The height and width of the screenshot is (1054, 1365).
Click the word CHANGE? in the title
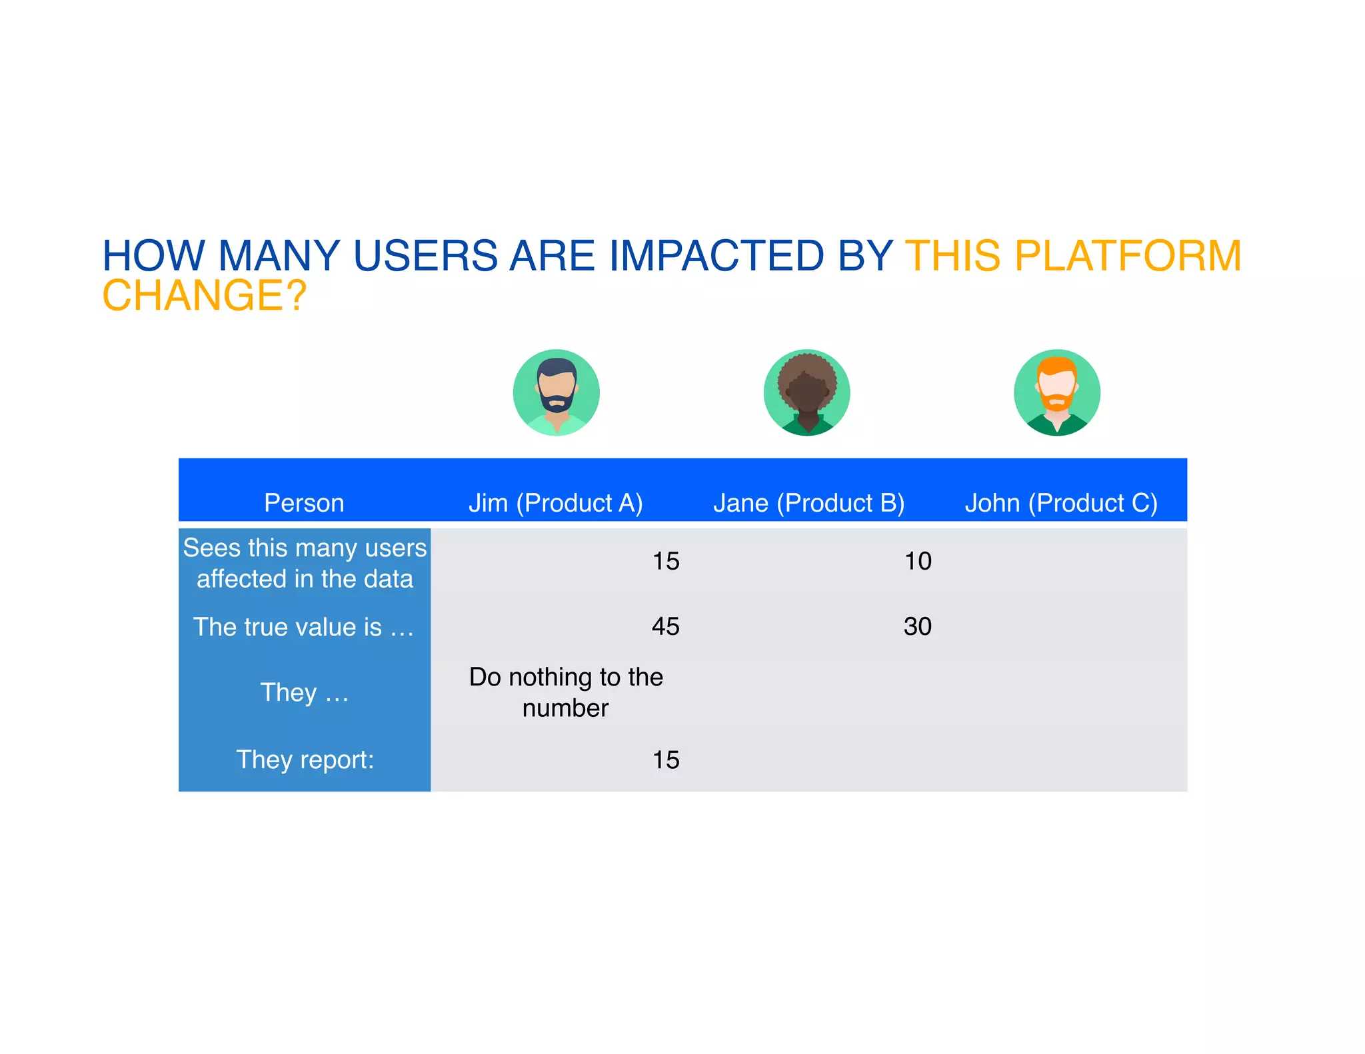tap(204, 296)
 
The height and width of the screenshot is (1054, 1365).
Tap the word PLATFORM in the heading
tap(1128, 256)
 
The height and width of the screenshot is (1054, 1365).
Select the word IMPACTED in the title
tap(716, 256)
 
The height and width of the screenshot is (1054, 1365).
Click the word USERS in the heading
tap(425, 256)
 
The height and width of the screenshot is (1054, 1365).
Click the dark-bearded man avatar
tap(556, 392)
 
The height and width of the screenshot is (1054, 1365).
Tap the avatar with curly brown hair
tap(806, 392)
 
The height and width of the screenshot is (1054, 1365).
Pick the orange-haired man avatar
tap(1057, 392)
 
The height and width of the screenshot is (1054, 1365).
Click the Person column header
tap(304, 503)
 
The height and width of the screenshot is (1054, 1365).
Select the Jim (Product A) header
tap(555, 503)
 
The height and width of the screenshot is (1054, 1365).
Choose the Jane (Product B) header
tap(808, 503)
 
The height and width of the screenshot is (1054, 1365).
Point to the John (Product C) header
tap(1061, 503)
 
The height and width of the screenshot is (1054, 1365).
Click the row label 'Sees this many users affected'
tap(305, 563)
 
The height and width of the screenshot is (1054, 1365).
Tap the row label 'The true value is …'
tap(304, 627)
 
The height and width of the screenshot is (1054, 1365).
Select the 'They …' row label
tap(304, 692)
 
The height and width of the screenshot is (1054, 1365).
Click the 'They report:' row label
tap(305, 760)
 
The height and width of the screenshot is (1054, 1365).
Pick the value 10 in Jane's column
tap(917, 561)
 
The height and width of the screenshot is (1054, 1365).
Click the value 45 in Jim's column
tap(665, 626)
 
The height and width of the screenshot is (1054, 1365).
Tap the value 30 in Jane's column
tap(917, 626)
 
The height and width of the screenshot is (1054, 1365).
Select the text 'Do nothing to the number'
tap(565, 692)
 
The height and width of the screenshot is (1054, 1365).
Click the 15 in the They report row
tap(665, 760)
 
